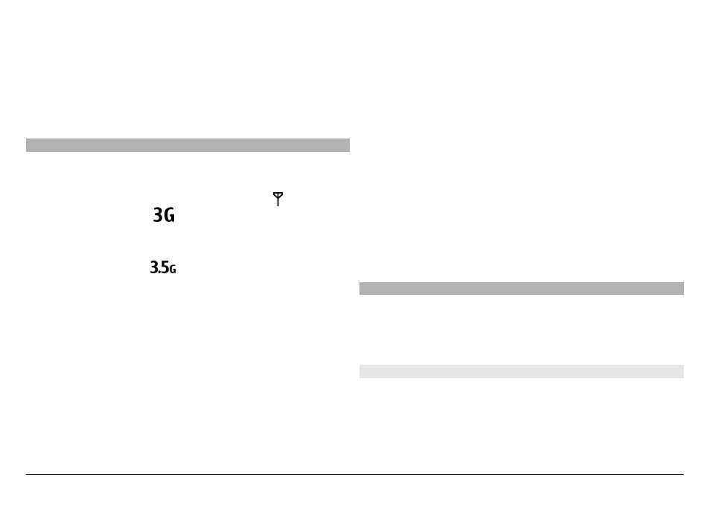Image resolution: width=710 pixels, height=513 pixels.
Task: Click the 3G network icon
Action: pyautogui.click(x=164, y=215)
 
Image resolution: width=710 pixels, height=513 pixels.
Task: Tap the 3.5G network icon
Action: pyautogui.click(x=163, y=267)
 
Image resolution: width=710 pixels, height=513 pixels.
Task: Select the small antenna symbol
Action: pyautogui.click(x=278, y=199)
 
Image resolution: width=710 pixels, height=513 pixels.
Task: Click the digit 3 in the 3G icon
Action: pyautogui.click(x=158, y=215)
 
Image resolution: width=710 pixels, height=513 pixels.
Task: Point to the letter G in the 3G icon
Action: pyautogui.click(x=170, y=215)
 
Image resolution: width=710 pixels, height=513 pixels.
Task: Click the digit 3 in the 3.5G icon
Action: pyautogui.click(x=153, y=267)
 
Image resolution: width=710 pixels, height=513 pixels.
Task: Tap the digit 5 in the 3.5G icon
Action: pyautogui.click(x=164, y=267)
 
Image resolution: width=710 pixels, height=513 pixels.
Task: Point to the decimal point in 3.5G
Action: pyautogui.click(x=159, y=273)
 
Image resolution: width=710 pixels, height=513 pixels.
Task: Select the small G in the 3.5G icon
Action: pyautogui.click(x=173, y=270)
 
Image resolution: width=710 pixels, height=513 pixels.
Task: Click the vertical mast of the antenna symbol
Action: pyautogui.click(x=278, y=202)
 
